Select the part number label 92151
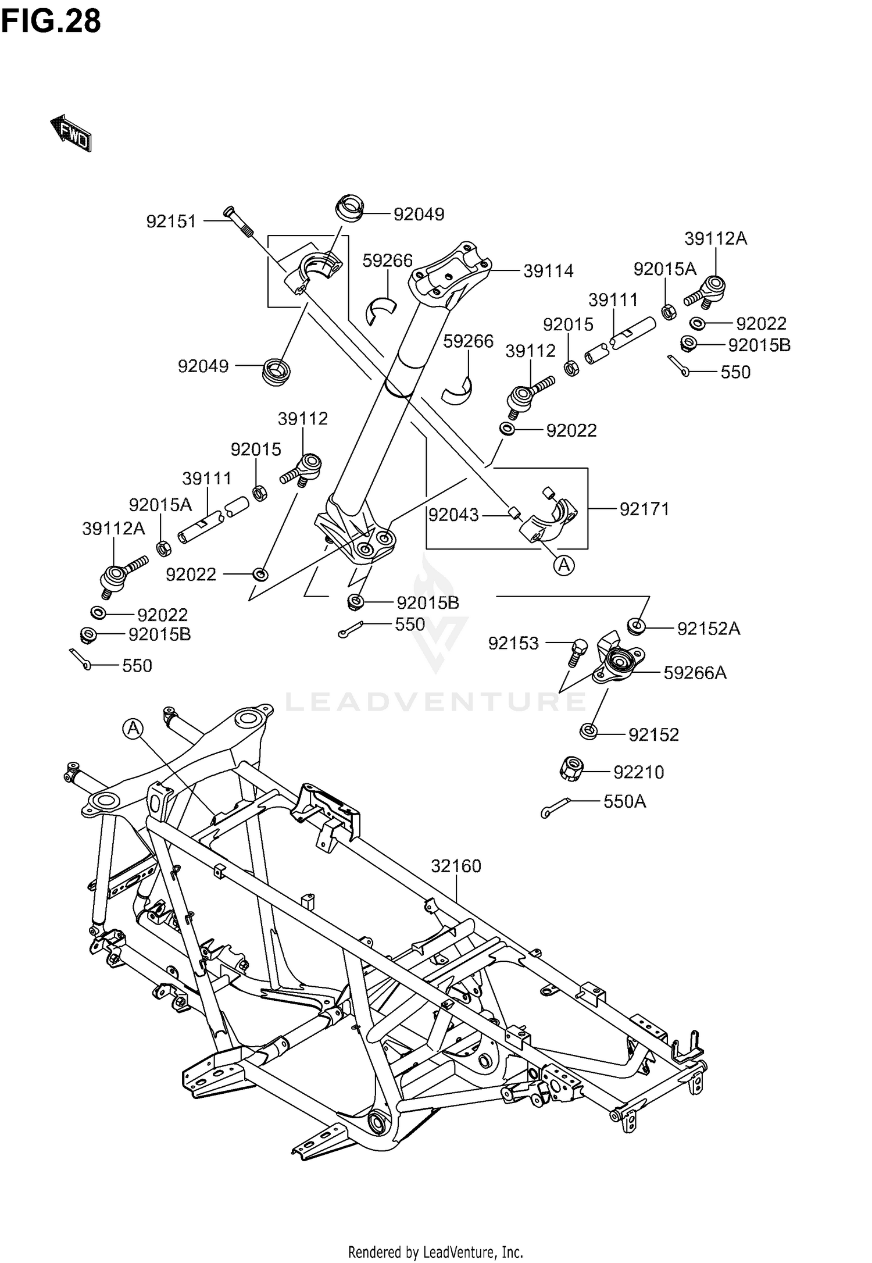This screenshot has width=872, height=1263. (171, 222)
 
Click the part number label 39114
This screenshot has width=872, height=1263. (548, 271)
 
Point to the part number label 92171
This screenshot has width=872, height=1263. (644, 509)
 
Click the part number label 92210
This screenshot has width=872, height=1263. (638, 772)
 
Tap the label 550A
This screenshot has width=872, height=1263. (625, 802)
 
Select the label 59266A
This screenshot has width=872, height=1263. (695, 673)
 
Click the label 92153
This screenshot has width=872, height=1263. (513, 644)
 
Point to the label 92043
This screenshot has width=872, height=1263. (453, 515)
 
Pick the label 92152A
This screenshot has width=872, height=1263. (709, 629)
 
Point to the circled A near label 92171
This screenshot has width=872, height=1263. (564, 564)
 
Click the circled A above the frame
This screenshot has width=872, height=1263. (133, 728)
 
